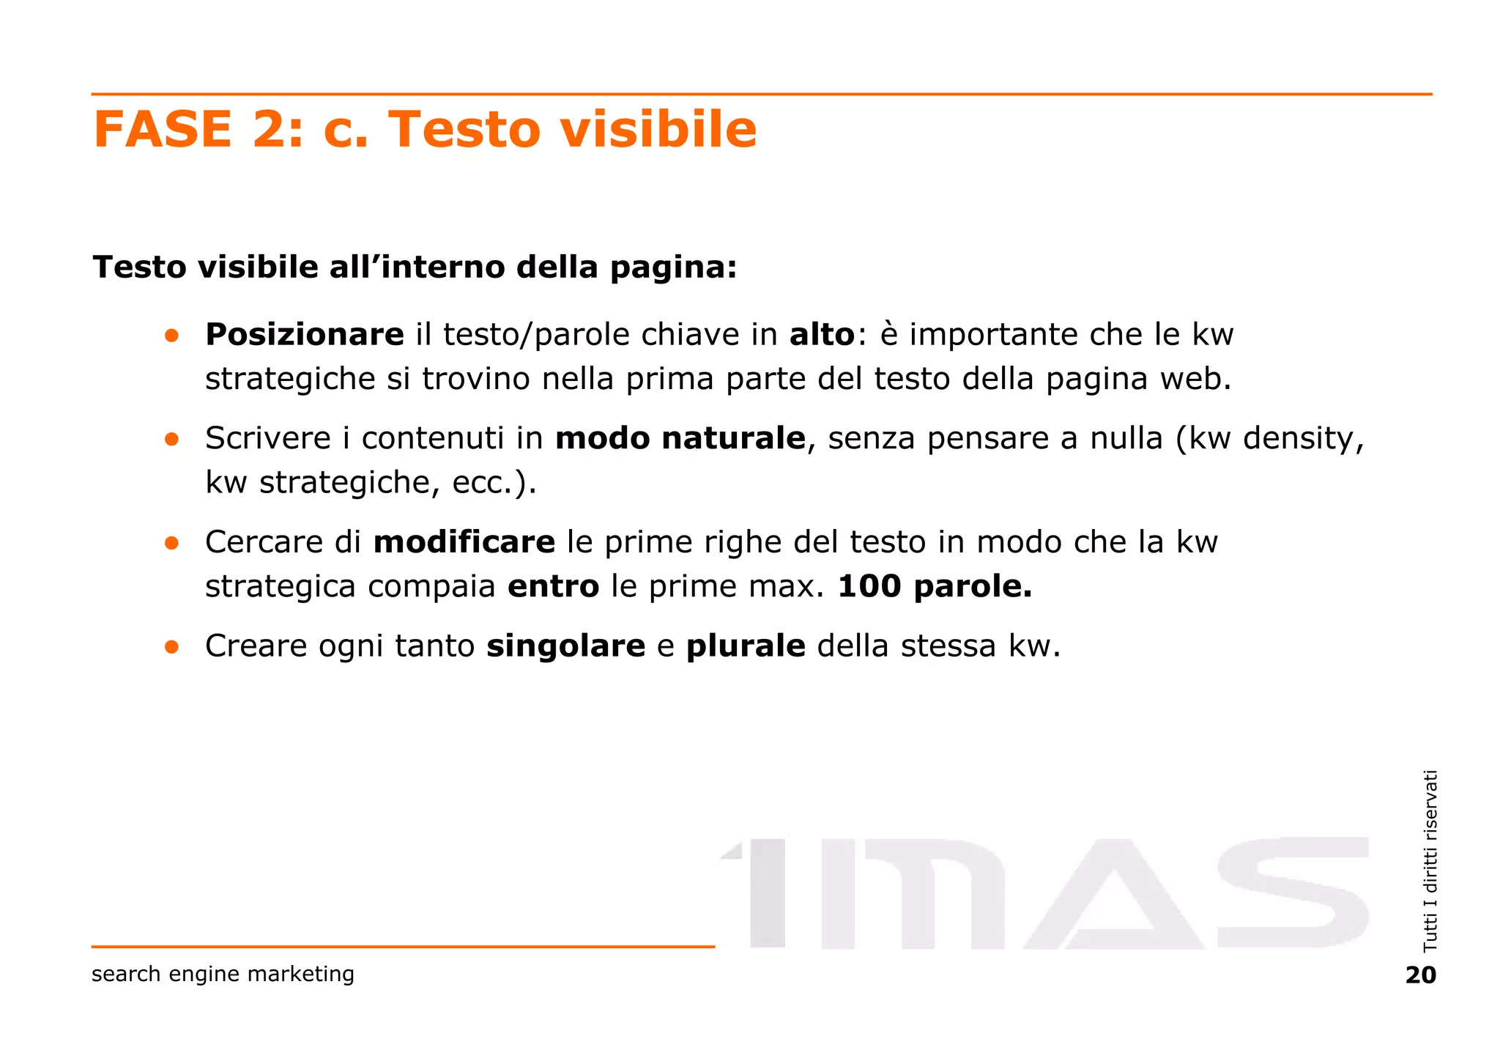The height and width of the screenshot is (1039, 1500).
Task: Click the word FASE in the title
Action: pos(163,129)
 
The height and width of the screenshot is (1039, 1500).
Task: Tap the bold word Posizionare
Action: pos(304,335)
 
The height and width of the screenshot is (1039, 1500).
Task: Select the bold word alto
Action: pos(822,335)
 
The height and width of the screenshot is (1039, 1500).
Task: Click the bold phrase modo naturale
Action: pos(680,438)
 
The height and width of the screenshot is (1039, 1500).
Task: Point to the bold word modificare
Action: pos(464,542)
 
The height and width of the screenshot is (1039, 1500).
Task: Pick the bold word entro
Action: pos(553,586)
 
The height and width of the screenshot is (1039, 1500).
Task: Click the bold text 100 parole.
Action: pos(934,586)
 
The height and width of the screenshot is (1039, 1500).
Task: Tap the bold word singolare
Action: pos(565,646)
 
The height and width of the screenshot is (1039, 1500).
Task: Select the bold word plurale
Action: pos(746,646)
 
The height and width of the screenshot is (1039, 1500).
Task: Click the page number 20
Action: pos(1420,975)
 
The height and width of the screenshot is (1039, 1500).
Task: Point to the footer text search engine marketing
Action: pos(223,974)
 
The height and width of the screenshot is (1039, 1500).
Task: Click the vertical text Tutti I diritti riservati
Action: pos(1430,860)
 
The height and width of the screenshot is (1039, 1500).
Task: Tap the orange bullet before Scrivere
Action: pos(172,439)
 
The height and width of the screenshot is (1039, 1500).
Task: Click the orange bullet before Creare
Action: pos(172,647)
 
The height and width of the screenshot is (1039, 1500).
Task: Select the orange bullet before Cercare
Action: pos(172,543)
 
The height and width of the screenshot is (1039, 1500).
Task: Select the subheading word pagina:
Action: pos(673,267)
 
